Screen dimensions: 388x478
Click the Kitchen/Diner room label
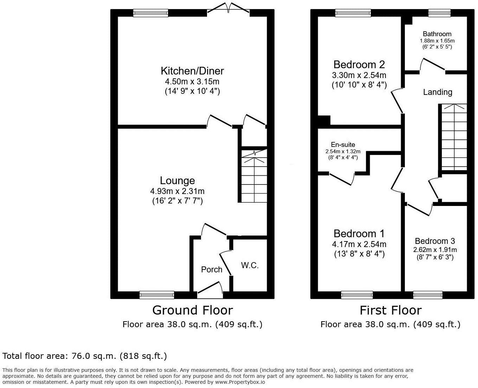click(192, 71)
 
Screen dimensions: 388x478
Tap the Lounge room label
click(177, 181)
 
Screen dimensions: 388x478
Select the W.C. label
click(250, 266)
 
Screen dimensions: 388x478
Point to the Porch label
click(212, 270)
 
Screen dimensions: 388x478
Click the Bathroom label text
click(437, 34)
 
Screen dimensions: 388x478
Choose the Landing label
click(437, 92)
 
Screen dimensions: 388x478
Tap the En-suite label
click(343, 145)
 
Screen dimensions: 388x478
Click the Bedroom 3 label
click(435, 241)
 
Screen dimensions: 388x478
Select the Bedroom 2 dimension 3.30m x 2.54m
click(359, 75)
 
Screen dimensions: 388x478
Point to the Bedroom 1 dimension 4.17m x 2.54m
click(359, 244)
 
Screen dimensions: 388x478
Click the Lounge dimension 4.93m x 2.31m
click(177, 192)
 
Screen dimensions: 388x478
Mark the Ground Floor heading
click(192, 310)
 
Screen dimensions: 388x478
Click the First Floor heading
click(390, 310)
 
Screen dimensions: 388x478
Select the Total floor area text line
click(85, 356)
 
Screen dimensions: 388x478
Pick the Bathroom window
click(439, 13)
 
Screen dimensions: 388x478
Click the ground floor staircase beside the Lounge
click(254, 176)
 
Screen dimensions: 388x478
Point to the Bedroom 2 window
click(353, 13)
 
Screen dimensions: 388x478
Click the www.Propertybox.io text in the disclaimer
click(240, 382)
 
